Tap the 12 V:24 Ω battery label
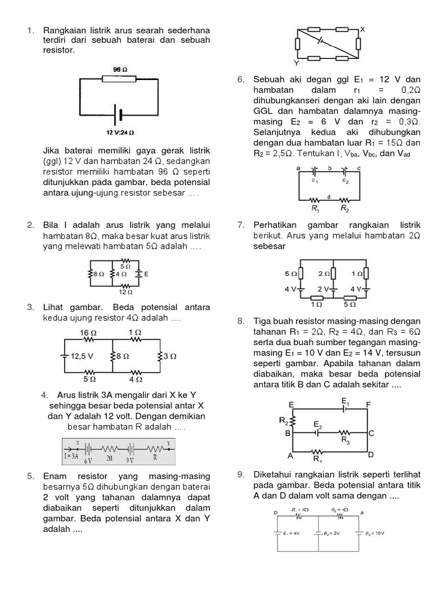coord(121,132)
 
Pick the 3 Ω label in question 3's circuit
coord(170,355)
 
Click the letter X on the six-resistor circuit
coord(362,28)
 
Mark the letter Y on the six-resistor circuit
coord(296,63)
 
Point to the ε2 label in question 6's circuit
coord(346,181)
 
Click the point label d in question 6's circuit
coord(330,196)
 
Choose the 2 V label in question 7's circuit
coord(323,289)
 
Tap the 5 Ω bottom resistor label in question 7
coord(350,304)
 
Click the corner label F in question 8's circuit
coord(368,404)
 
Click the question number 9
coord(241,474)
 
